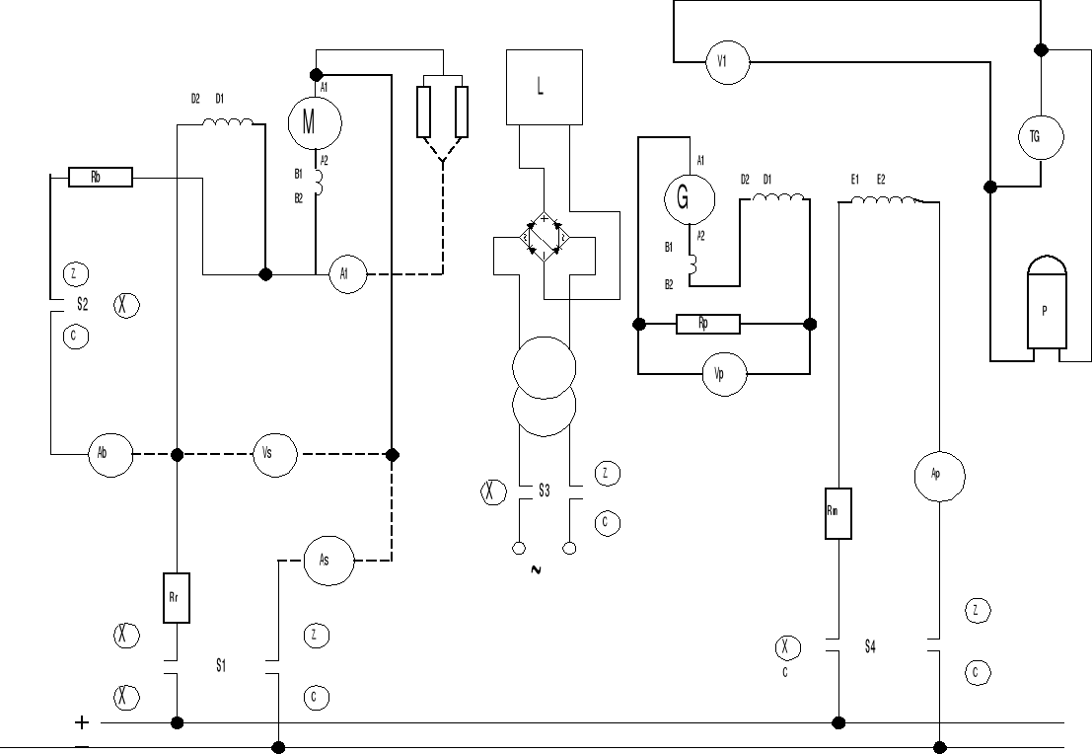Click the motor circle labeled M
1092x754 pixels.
(314, 121)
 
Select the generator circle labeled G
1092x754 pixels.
(687, 197)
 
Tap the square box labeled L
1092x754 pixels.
(540, 87)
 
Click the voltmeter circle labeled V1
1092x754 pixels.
(724, 62)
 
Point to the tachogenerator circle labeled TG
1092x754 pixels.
(1040, 136)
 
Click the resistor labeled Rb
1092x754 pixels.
(100, 178)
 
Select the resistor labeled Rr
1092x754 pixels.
(177, 597)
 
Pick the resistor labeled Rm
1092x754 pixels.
(837, 512)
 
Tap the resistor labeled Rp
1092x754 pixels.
(706, 324)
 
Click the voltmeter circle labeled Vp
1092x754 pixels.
(724, 375)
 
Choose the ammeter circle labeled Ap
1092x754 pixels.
(936, 475)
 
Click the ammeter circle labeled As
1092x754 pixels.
(325, 560)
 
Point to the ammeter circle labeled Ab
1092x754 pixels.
(109, 455)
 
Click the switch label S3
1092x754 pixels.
(544, 490)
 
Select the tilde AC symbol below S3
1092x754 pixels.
(537, 570)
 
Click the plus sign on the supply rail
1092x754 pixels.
(82, 722)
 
